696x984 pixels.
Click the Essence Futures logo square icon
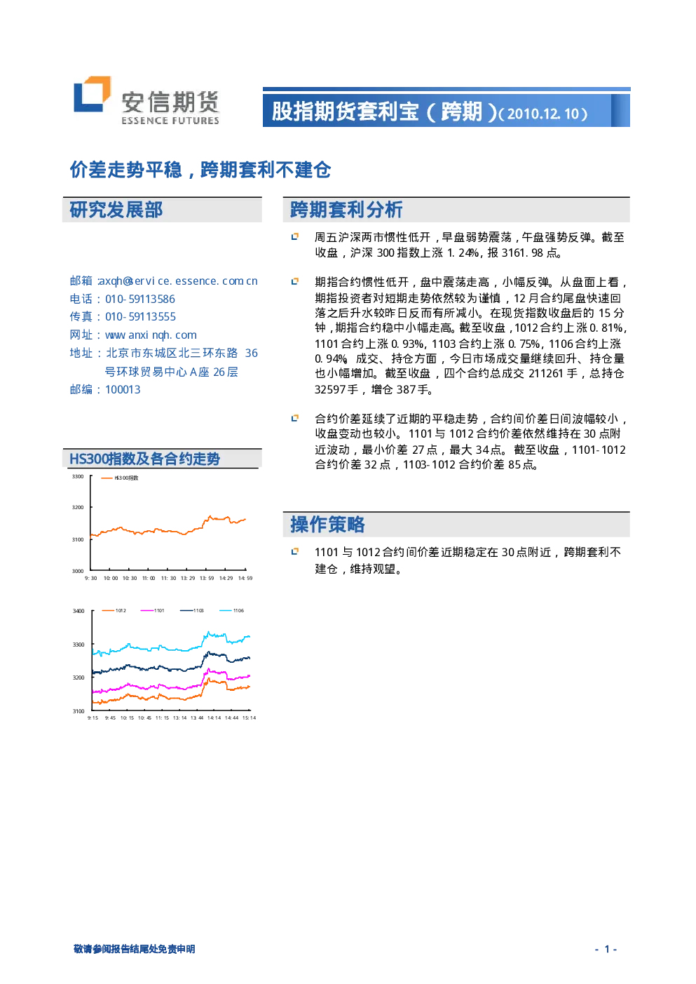point(92,95)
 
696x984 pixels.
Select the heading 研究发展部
point(116,210)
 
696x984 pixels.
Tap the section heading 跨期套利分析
point(346,210)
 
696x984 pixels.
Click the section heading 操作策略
point(327,525)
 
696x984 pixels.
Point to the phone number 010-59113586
point(140,299)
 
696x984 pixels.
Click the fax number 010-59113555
point(140,317)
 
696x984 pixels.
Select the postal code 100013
point(123,390)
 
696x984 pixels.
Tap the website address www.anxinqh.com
point(151,335)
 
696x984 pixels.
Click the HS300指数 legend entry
point(119,478)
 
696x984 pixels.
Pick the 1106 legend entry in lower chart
point(231,611)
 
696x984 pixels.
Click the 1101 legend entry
point(152,611)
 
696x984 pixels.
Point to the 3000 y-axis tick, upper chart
point(78,571)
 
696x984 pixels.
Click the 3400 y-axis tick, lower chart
point(79,611)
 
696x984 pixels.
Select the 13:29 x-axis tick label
point(188,578)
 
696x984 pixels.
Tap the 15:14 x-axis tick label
point(249,717)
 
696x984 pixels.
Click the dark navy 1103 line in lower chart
point(171,668)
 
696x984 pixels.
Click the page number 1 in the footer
point(607,950)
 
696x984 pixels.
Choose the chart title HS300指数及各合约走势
point(144,459)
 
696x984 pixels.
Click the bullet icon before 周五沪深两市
point(295,237)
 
